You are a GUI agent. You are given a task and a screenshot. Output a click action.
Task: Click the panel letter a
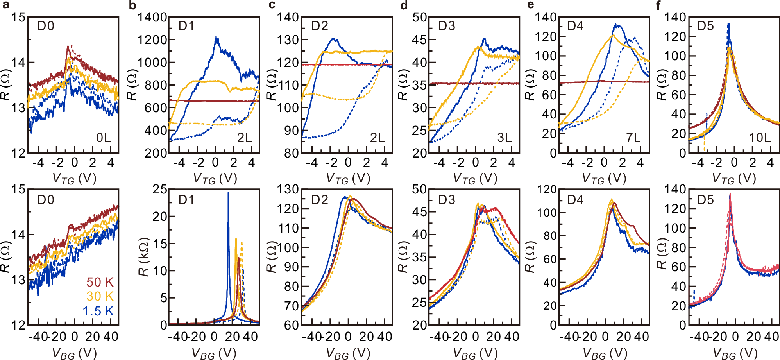tap(5, 5)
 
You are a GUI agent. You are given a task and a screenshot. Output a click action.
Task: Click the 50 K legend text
tap(100, 282)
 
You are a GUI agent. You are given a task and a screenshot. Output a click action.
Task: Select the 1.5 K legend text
tap(98, 311)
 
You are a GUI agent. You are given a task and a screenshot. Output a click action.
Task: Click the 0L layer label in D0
tap(104, 138)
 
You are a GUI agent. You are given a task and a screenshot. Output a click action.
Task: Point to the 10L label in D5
tap(759, 138)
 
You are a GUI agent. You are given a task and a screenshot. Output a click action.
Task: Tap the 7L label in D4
tap(633, 138)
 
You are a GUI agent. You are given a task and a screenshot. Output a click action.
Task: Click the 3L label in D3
tap(504, 138)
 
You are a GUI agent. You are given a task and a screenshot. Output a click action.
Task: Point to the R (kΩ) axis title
tap(144, 257)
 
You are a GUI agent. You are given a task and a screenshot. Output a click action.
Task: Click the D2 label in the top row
tap(319, 26)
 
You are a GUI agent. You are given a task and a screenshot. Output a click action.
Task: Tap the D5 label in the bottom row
tap(705, 200)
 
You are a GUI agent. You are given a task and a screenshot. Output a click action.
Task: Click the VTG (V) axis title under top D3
tap(475, 179)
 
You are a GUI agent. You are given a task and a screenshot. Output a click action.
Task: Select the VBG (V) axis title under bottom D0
tap(74, 353)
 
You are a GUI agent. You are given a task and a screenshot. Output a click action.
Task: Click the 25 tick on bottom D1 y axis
tap(159, 190)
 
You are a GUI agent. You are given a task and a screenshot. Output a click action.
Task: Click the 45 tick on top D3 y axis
tap(419, 40)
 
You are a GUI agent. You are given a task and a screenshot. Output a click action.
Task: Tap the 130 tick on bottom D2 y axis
tap(288, 190)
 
